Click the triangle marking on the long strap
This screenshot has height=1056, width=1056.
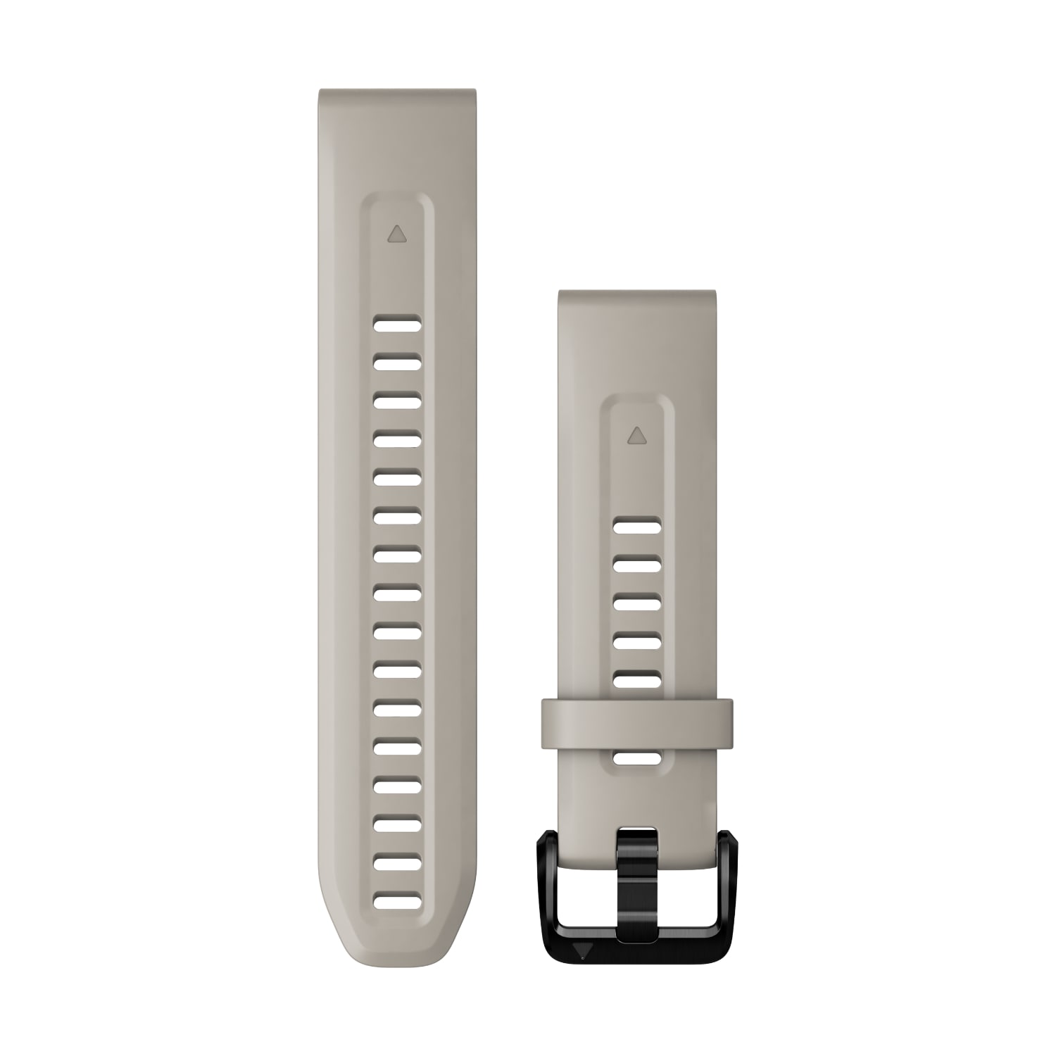click(x=397, y=234)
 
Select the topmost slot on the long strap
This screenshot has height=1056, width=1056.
click(x=397, y=325)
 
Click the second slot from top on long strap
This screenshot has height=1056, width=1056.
click(x=397, y=363)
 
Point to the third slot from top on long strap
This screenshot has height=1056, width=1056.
click(x=397, y=402)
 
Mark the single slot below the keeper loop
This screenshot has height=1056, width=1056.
click(x=636, y=758)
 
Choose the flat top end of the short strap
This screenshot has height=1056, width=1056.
click(x=637, y=296)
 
